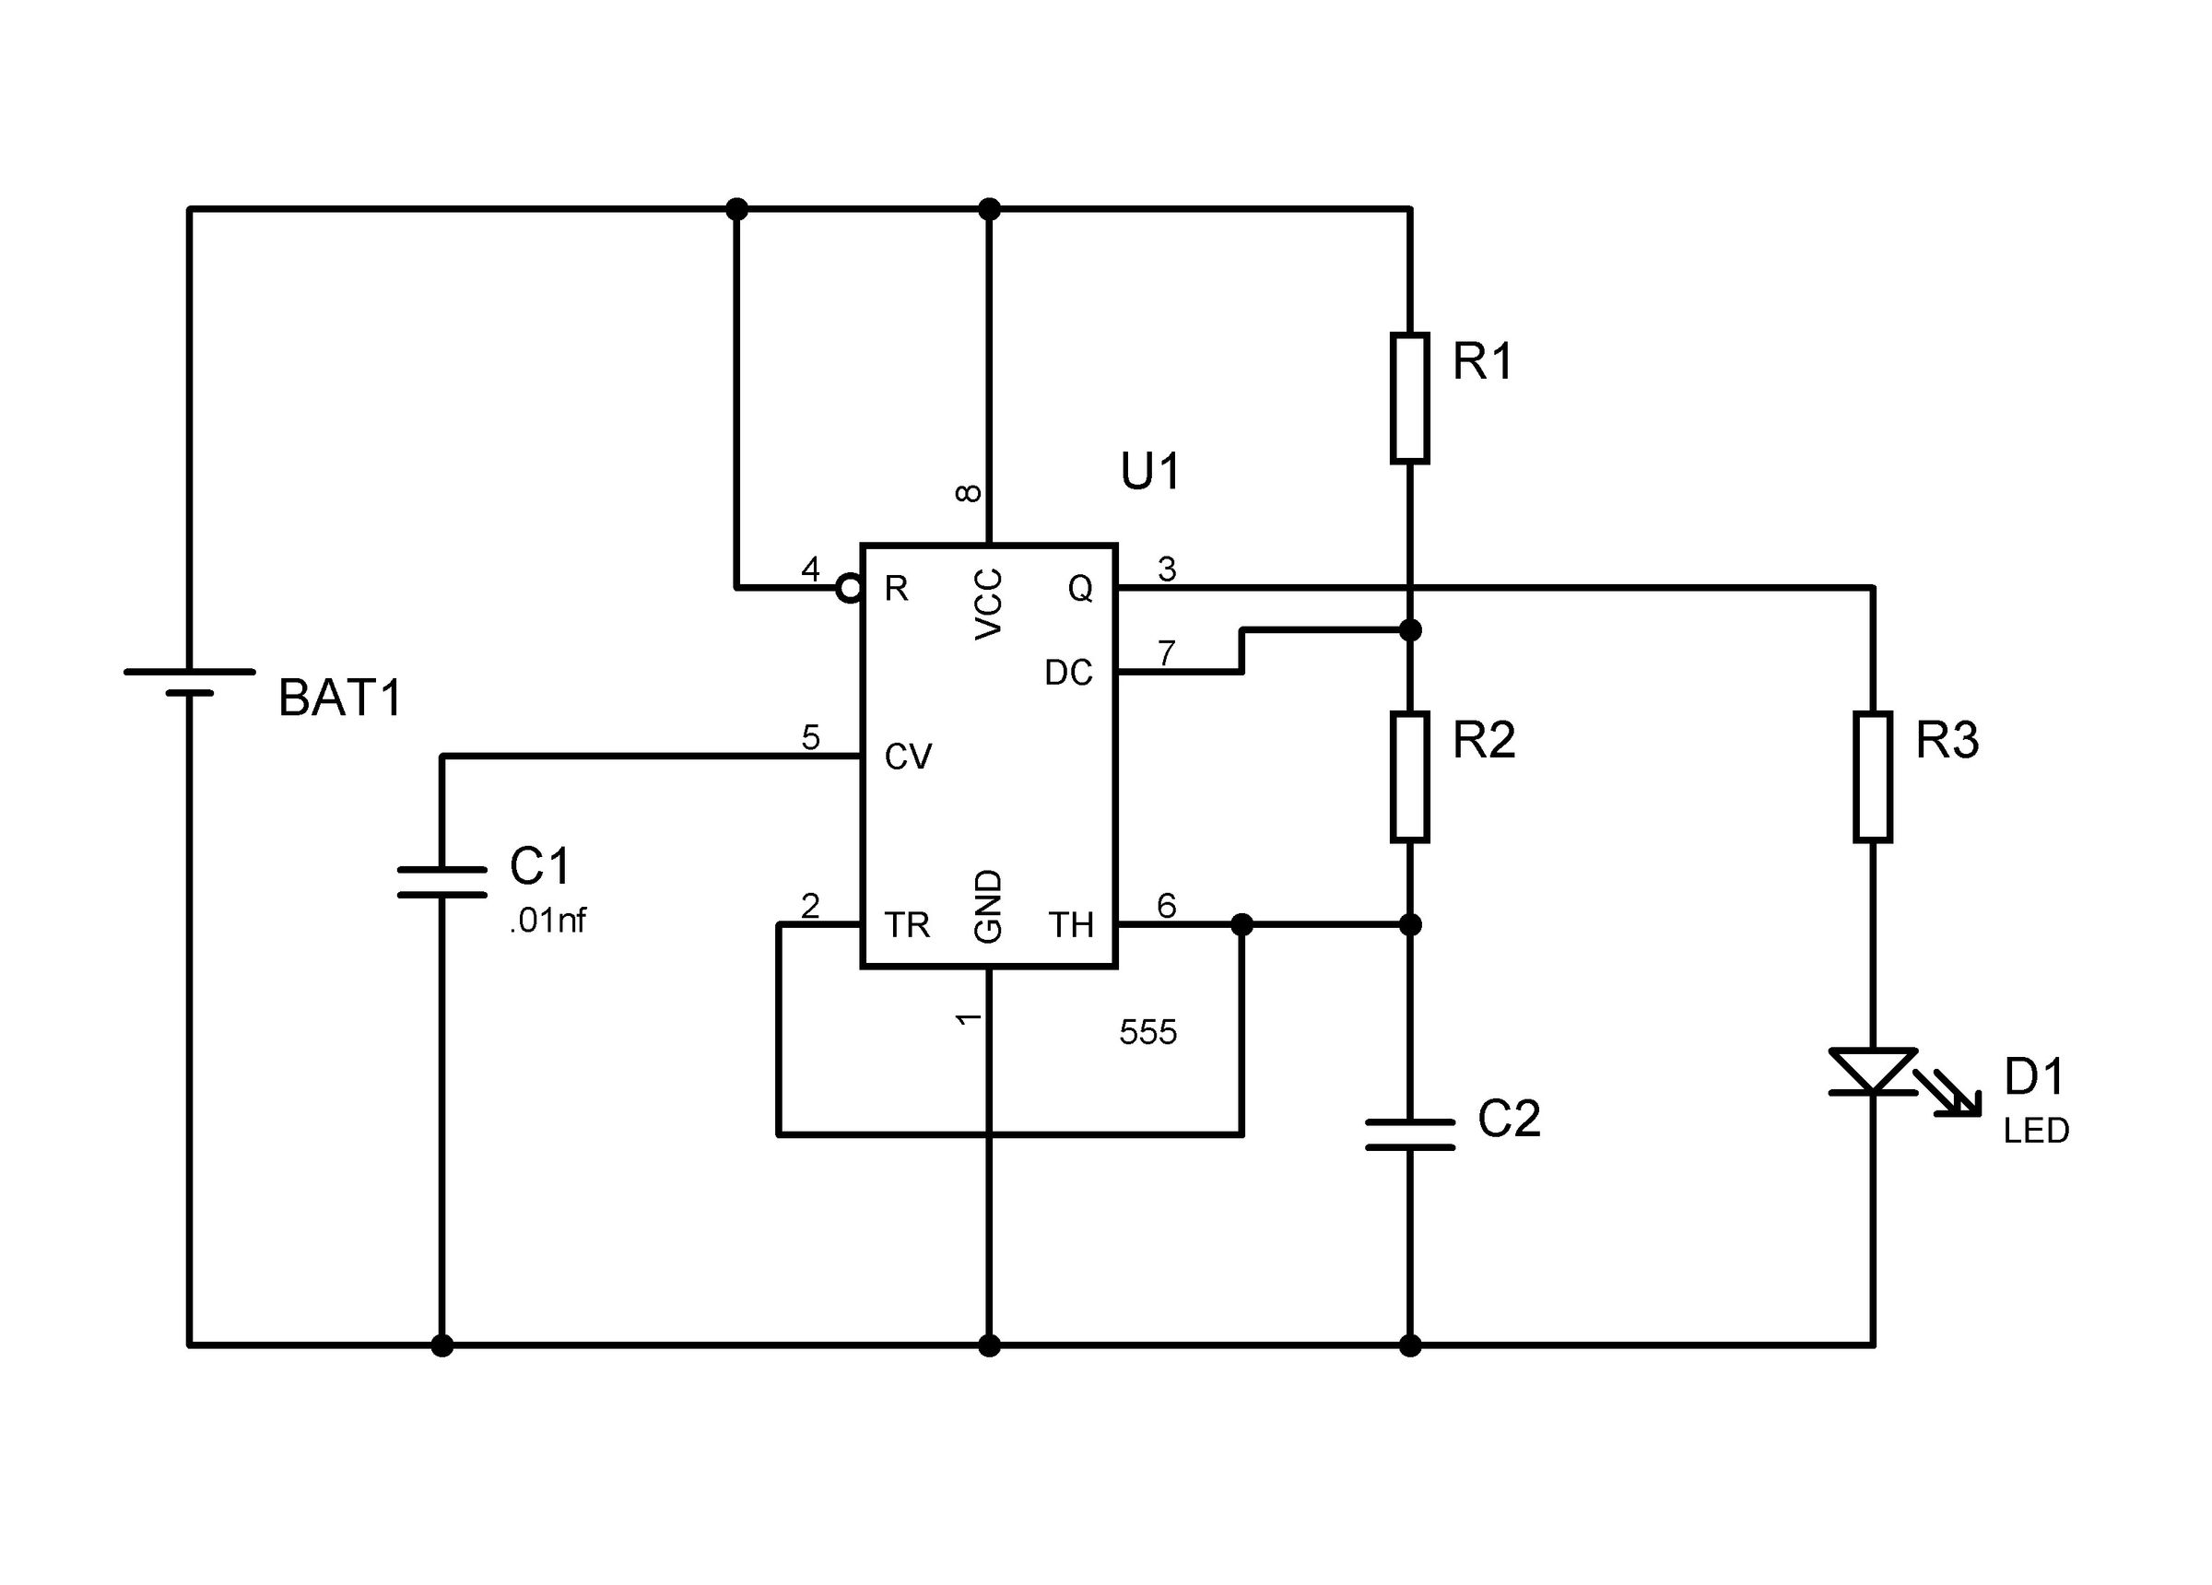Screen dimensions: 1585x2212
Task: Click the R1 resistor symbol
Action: pyautogui.click(x=1408, y=397)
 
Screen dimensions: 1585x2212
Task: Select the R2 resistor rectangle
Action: pyautogui.click(x=1408, y=777)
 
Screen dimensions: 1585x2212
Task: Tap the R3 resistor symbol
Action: pyautogui.click(x=1872, y=777)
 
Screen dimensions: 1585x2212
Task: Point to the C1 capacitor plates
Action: pyautogui.click(x=441, y=881)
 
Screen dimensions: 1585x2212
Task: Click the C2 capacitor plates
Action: pyautogui.click(x=1408, y=1133)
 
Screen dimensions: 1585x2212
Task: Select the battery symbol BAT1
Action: pyautogui.click(x=189, y=682)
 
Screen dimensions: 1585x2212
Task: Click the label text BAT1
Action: pyautogui.click(x=339, y=699)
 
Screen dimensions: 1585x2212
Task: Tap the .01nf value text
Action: pyautogui.click(x=547, y=920)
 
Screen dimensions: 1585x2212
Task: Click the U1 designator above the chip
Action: pyautogui.click(x=1150, y=471)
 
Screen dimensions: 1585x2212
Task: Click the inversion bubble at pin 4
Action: pyautogui.click(x=849, y=588)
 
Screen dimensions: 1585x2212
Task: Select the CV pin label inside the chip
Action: pyautogui.click(x=907, y=757)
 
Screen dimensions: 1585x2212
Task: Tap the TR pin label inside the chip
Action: pyautogui.click(x=906, y=924)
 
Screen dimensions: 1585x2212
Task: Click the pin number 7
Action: pyautogui.click(x=1166, y=652)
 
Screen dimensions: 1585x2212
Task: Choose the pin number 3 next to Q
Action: pyautogui.click(x=1166, y=568)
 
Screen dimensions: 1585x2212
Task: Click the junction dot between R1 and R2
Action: pyautogui.click(x=1408, y=630)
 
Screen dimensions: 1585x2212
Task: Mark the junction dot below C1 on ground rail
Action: pyautogui.click(x=441, y=1346)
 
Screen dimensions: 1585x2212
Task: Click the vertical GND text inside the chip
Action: pyautogui.click(x=988, y=905)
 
